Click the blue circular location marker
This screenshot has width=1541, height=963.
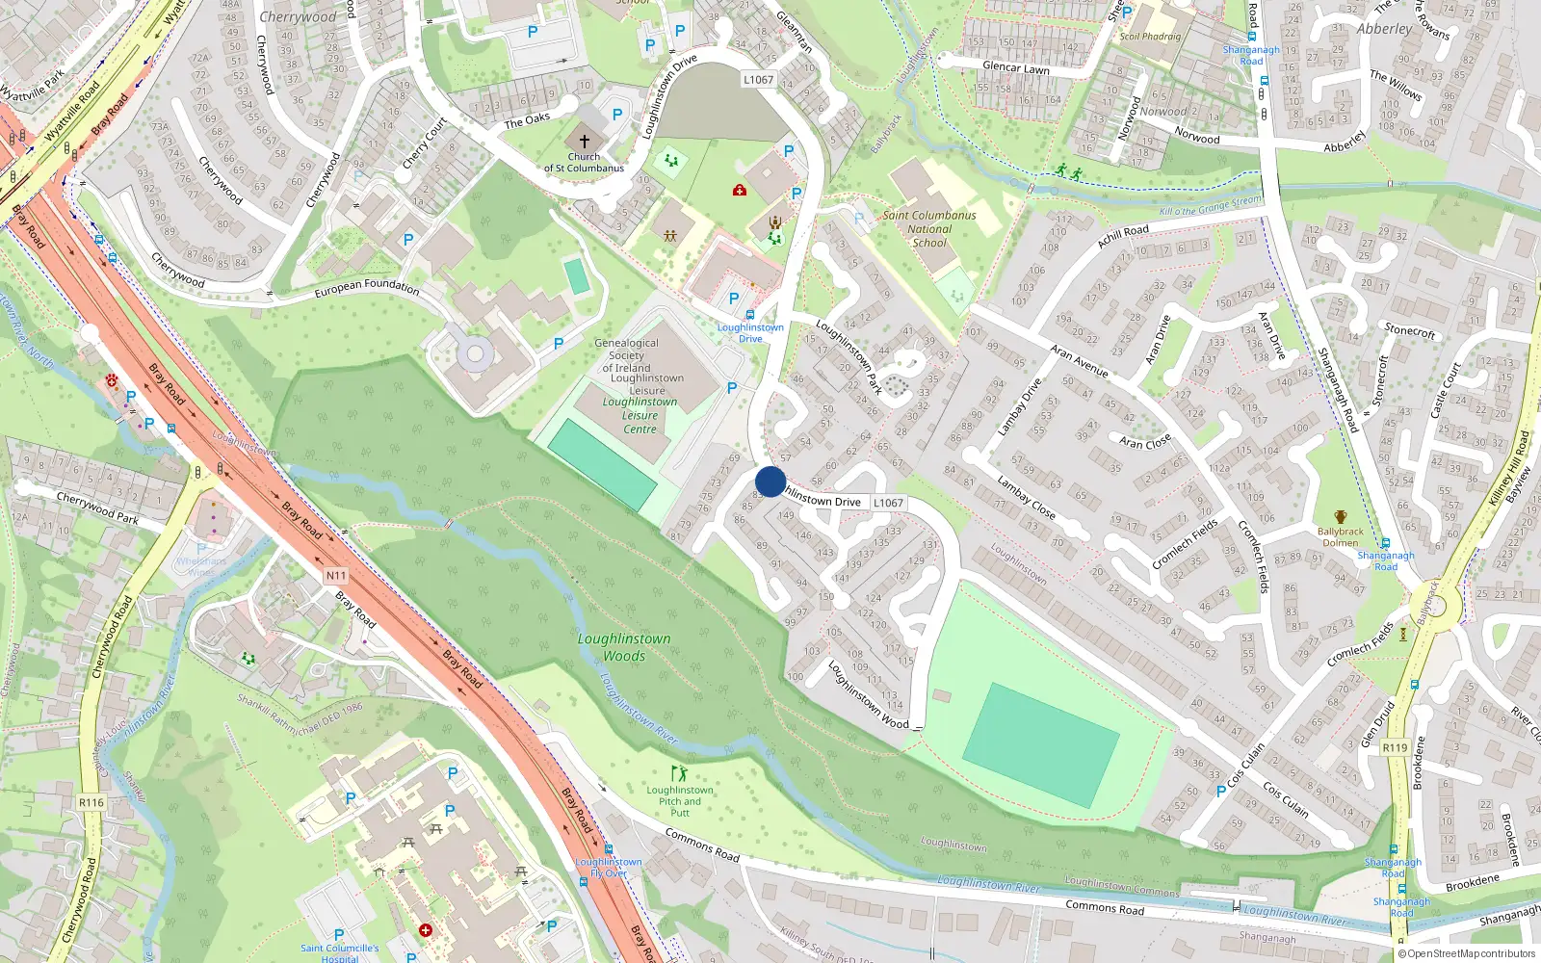click(x=770, y=481)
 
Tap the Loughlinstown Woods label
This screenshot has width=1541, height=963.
click(x=624, y=647)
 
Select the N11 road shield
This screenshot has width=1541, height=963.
click(x=335, y=576)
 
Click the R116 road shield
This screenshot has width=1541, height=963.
click(x=91, y=802)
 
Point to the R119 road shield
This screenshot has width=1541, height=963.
click(x=1395, y=747)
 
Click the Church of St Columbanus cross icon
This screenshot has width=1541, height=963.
click(x=584, y=141)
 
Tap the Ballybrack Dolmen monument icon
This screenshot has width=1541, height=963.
click(x=1340, y=517)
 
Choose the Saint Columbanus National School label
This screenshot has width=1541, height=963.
click(x=929, y=229)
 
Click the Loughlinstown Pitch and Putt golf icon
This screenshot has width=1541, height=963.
click(x=680, y=773)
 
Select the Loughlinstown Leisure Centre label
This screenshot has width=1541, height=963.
click(x=640, y=416)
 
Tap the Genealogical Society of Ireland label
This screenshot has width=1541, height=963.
click(x=627, y=355)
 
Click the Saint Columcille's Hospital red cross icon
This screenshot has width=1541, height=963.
click(x=426, y=930)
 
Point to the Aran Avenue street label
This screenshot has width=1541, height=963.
click(x=1079, y=360)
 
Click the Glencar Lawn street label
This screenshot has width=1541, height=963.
click(x=1016, y=67)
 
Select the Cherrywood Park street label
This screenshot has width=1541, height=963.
click(x=97, y=507)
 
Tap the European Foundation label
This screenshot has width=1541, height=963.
click(x=367, y=286)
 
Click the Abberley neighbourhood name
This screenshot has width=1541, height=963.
click(x=1384, y=29)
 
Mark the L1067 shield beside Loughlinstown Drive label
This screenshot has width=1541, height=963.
click(x=888, y=503)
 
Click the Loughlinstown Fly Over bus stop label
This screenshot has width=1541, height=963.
click(x=609, y=868)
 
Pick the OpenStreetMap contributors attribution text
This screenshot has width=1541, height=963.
click(x=1467, y=954)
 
